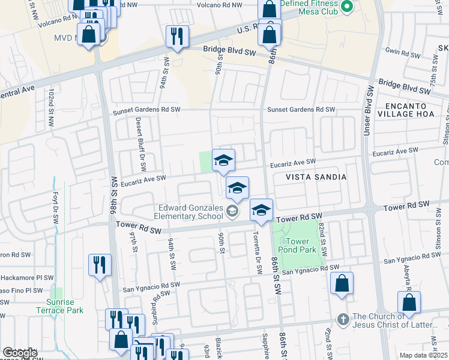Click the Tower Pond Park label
297,245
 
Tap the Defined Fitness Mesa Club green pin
346,7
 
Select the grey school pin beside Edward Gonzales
232,210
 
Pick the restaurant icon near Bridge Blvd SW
177,37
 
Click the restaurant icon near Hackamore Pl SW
100,265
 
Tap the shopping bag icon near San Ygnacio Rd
342,284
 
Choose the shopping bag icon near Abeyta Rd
409,303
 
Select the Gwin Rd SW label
403,53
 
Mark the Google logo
20,353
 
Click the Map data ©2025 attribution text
423,355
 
